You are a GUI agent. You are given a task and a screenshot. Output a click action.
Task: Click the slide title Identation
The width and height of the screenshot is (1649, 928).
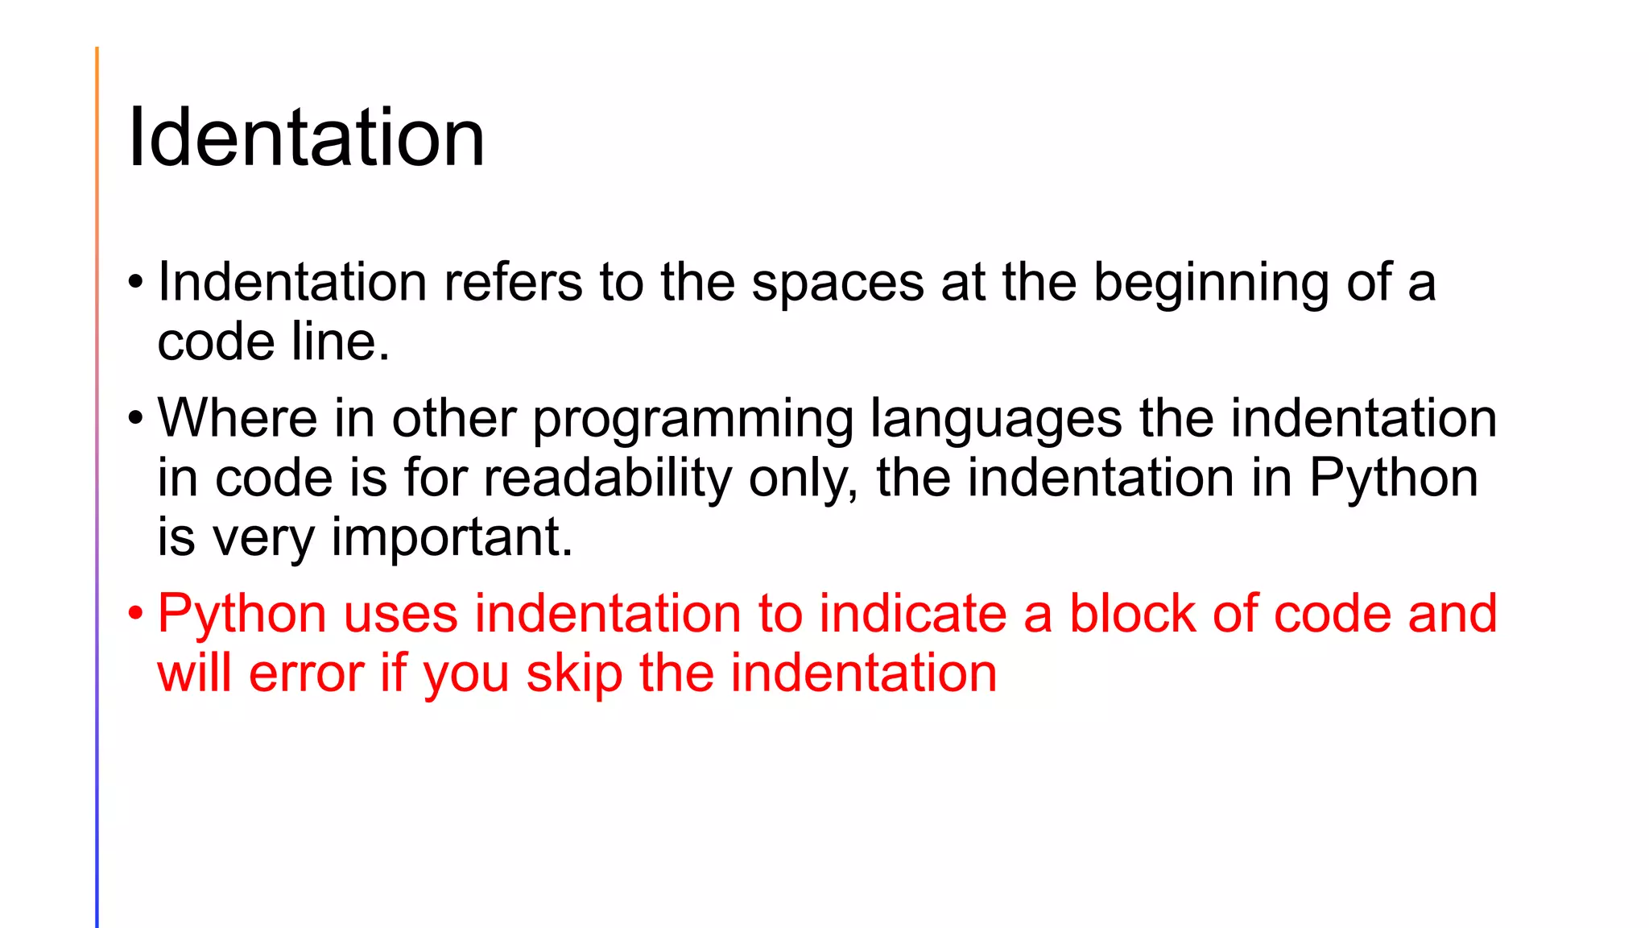point(306,138)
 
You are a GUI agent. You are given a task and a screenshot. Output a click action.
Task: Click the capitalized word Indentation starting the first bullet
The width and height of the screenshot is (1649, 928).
point(291,283)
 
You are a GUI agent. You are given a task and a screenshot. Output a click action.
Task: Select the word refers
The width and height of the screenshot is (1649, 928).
point(513,283)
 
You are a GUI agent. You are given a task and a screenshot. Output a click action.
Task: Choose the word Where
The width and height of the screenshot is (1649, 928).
point(238,419)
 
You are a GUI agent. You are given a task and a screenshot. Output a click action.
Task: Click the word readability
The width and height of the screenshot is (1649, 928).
point(607,478)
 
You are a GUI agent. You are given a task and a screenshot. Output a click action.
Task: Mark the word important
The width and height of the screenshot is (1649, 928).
point(451,538)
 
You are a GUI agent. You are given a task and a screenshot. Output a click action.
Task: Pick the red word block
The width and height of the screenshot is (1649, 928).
point(1132,614)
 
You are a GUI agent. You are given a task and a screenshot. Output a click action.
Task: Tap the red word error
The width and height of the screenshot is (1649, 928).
point(305,674)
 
